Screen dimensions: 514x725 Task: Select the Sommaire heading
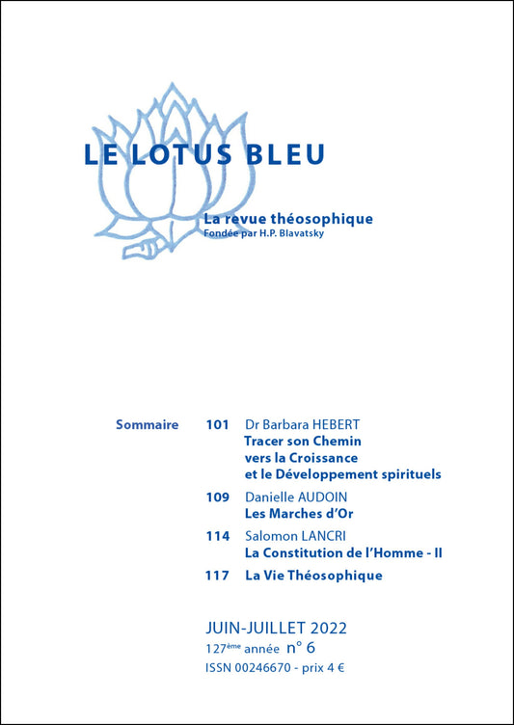click(x=147, y=424)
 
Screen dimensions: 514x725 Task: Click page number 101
click(x=217, y=424)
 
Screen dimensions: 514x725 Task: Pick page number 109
click(x=217, y=497)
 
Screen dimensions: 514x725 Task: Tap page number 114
click(x=217, y=535)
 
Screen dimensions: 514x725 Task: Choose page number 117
click(x=217, y=576)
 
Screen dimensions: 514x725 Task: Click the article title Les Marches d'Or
click(x=299, y=514)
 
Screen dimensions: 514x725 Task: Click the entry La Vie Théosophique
click(x=313, y=576)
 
